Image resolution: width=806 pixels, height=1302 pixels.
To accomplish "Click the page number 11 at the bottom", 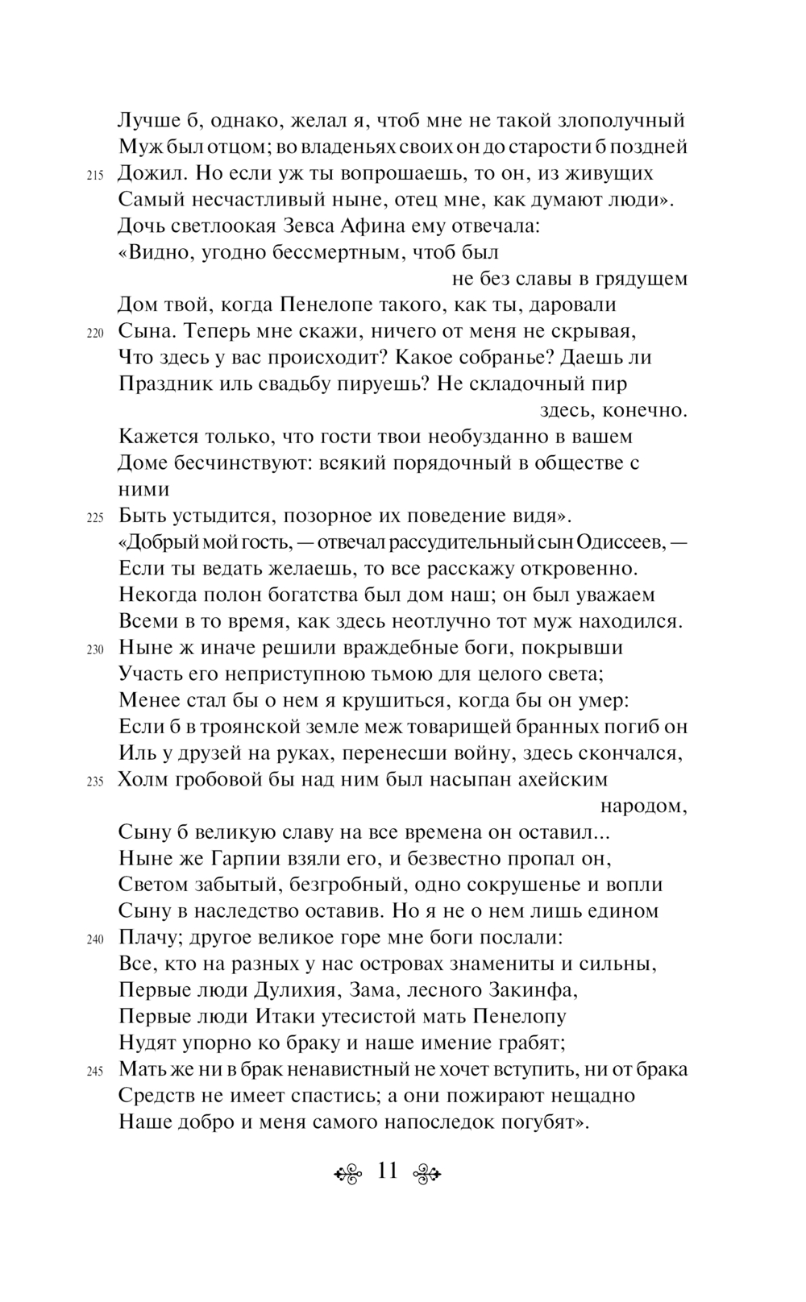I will tap(388, 1171).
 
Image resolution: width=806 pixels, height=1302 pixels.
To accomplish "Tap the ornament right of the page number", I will tap(426, 1172).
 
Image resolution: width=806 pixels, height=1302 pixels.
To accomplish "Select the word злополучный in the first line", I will tap(626, 121).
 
